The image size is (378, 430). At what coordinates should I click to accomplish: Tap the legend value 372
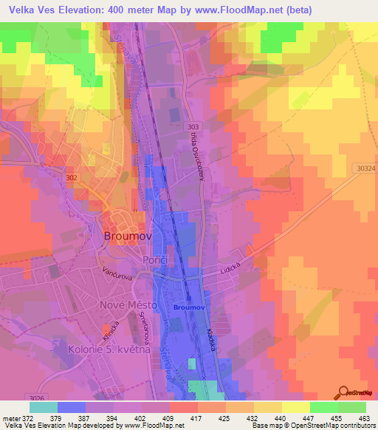(x=21, y=418)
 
